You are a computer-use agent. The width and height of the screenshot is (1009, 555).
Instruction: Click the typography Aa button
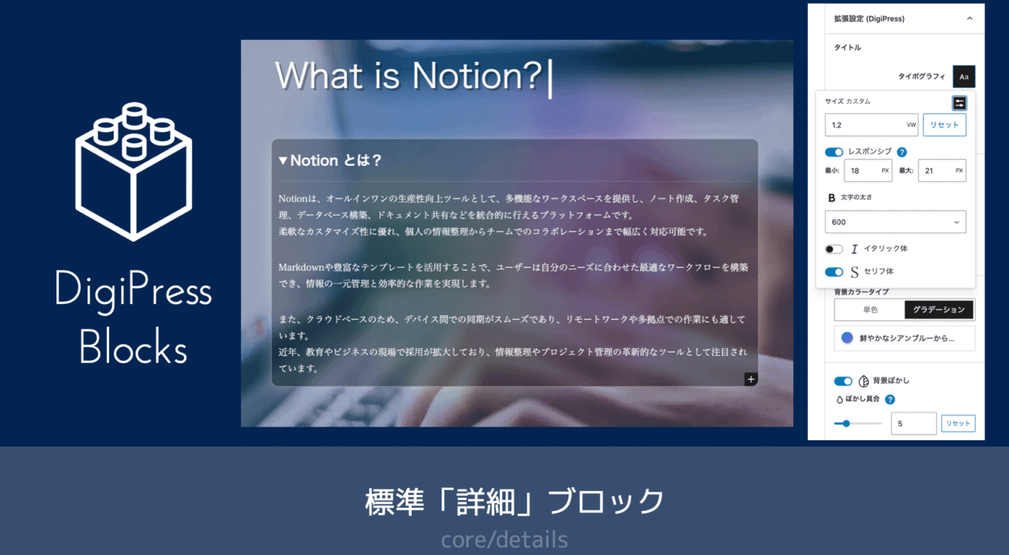click(964, 76)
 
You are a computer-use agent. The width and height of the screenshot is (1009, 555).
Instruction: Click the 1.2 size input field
click(871, 125)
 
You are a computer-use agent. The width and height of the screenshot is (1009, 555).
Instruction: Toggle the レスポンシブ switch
click(834, 152)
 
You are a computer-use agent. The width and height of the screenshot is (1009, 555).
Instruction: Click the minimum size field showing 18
click(867, 171)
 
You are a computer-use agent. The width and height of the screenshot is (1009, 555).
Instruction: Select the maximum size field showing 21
click(942, 171)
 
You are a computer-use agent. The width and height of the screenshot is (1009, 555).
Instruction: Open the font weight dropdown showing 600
click(895, 222)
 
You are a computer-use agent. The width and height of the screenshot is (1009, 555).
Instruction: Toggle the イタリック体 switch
click(834, 249)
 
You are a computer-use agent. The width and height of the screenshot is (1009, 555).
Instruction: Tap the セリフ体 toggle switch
click(834, 272)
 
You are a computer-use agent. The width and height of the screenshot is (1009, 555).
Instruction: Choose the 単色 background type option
click(870, 309)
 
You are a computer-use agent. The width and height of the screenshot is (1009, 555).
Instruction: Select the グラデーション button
click(939, 309)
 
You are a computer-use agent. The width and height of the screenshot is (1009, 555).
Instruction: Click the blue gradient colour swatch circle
click(847, 338)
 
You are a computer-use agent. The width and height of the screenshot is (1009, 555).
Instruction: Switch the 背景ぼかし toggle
click(843, 381)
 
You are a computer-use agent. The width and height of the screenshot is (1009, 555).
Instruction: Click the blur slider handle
click(847, 424)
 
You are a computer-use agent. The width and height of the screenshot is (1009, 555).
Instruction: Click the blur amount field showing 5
click(913, 424)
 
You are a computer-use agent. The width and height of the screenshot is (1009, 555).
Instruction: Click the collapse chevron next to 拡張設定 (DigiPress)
click(970, 19)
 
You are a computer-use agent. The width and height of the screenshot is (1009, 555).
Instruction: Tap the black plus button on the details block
click(751, 379)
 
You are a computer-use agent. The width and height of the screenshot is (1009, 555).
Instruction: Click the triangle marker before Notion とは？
click(283, 160)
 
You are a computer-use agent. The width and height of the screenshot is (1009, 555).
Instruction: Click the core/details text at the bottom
click(504, 539)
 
